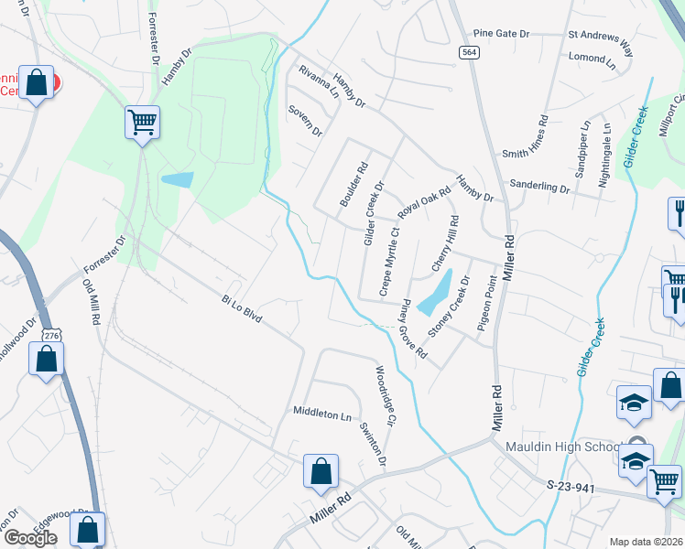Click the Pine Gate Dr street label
coord(500,33)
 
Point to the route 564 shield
coord(469,53)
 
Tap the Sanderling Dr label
coord(539,186)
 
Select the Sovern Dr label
coord(305,121)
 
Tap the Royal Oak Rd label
coord(425,203)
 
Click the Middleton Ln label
coord(321,414)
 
